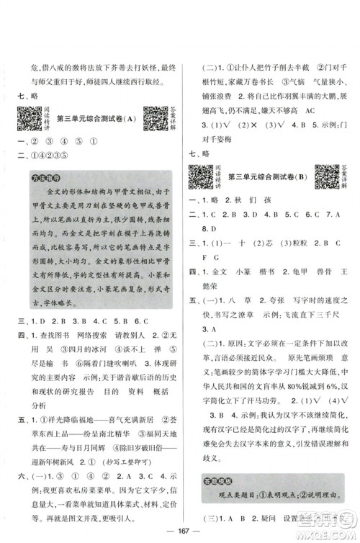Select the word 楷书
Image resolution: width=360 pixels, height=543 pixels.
coord(274,274)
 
